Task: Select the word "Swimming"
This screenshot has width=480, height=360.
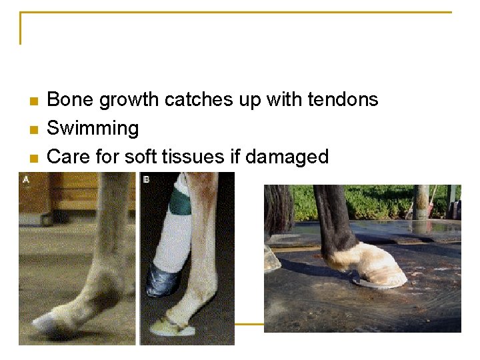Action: coord(93,129)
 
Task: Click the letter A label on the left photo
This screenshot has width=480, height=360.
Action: coord(25,179)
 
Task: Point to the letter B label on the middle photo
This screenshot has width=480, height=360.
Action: coord(145,179)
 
